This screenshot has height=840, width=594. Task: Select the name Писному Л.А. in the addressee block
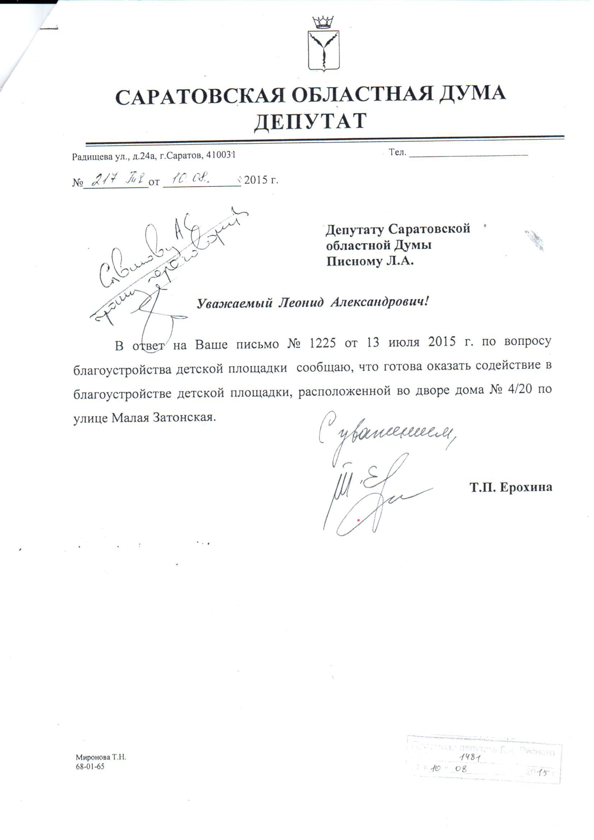click(370, 262)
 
